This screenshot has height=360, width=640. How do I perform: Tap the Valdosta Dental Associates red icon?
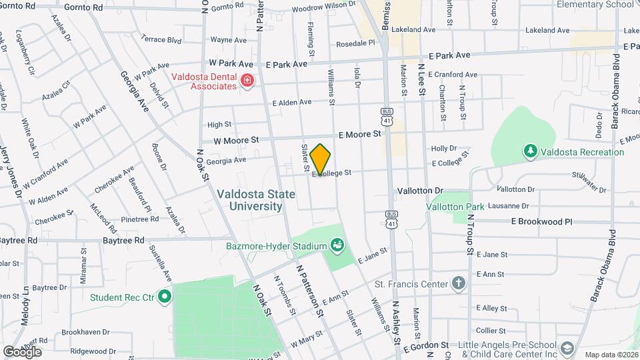click(x=247, y=81)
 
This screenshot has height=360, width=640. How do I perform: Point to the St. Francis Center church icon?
click(x=458, y=284)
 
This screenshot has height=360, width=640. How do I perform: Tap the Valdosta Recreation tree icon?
click(x=530, y=151)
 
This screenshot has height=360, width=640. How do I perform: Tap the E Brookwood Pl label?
click(x=541, y=221)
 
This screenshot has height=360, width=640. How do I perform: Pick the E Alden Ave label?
click(x=292, y=103)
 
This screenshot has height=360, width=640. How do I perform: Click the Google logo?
click(x=21, y=351)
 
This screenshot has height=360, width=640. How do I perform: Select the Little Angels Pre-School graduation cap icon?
click(x=567, y=348)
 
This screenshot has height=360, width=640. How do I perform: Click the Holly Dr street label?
click(x=443, y=149)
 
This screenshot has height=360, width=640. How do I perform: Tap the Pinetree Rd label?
click(x=139, y=219)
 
